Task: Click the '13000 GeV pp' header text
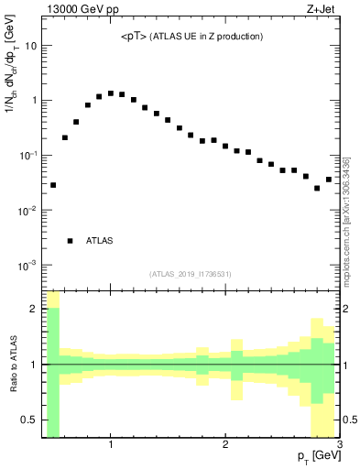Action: (x=81, y=11)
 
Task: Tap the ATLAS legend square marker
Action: (x=70, y=241)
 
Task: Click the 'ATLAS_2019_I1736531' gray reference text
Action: (x=191, y=274)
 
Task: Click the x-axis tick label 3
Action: (x=339, y=444)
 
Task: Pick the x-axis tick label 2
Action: (x=225, y=444)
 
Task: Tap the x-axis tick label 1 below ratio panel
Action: (x=111, y=444)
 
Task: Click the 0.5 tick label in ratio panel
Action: (x=29, y=420)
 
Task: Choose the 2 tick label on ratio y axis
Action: (x=34, y=309)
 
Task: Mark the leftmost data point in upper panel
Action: (x=53, y=185)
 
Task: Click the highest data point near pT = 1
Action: (x=111, y=93)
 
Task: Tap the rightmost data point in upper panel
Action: (x=329, y=180)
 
